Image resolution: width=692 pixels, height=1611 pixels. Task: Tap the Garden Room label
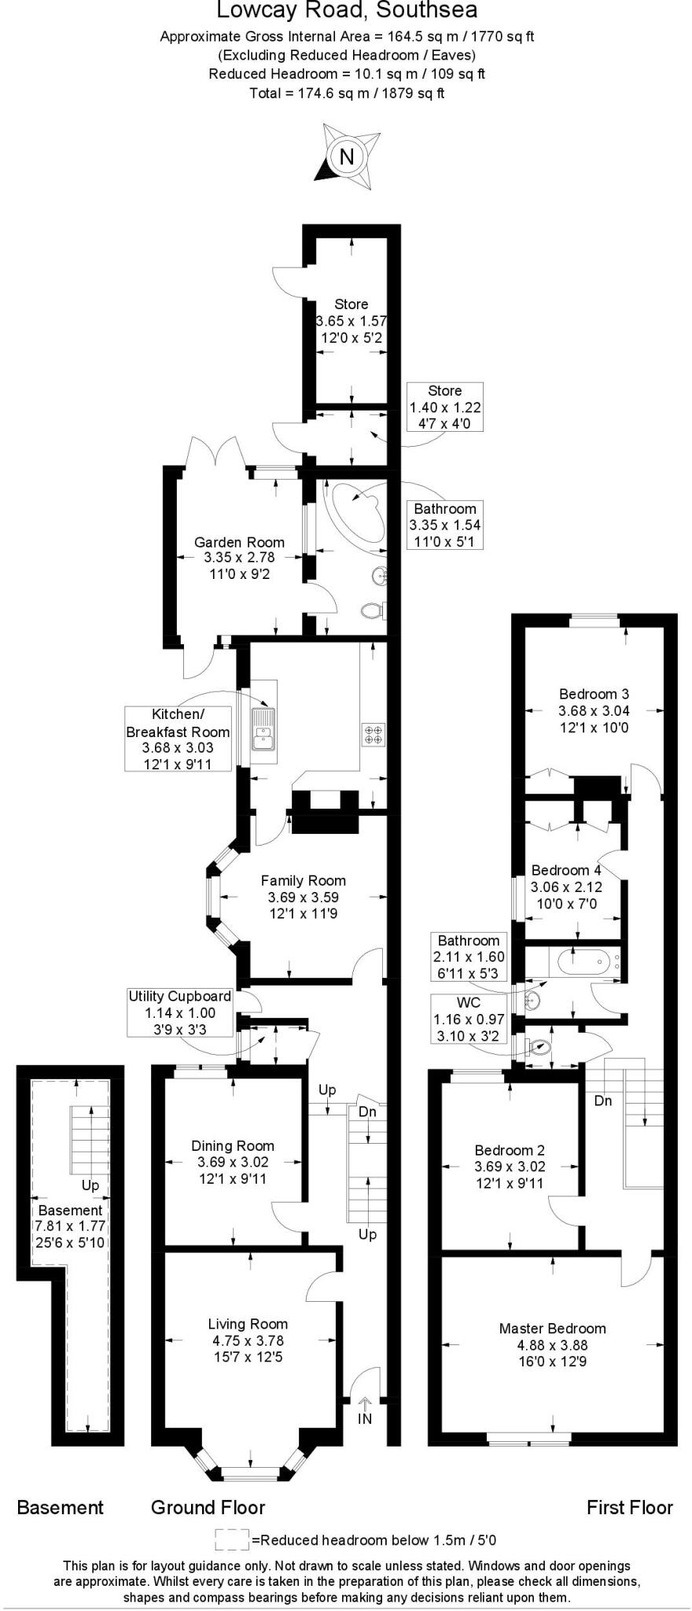(x=239, y=542)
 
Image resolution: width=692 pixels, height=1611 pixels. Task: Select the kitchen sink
(x=262, y=728)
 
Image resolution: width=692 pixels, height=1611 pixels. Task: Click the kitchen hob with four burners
(x=373, y=734)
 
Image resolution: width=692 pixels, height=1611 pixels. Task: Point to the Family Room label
(x=303, y=880)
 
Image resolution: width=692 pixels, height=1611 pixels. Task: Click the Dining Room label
(x=233, y=1146)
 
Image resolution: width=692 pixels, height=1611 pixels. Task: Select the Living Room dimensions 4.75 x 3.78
(x=248, y=1340)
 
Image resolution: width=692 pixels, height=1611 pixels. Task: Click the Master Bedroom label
(x=552, y=1329)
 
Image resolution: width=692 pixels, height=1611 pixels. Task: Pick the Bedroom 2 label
(x=509, y=1150)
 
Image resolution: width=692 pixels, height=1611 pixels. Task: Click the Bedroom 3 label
(x=594, y=694)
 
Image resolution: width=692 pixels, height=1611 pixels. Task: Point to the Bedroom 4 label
(x=566, y=870)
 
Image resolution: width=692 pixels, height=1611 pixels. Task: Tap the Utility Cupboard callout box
(x=180, y=1012)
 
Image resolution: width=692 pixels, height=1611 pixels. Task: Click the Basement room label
(x=70, y=1211)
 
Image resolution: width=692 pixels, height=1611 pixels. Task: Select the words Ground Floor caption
(x=208, y=1507)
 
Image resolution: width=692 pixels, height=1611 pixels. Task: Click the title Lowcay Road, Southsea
(x=347, y=11)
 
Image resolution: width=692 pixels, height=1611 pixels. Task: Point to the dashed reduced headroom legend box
(x=231, y=1540)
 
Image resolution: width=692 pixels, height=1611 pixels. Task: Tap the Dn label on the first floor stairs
(x=603, y=1100)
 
